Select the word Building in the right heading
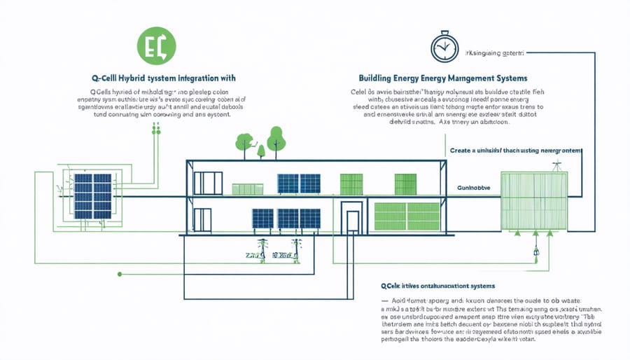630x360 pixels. click(378, 78)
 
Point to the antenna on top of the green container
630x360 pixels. click(556, 165)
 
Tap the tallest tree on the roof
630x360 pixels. click(276, 138)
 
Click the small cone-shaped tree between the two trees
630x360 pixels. click(260, 149)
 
